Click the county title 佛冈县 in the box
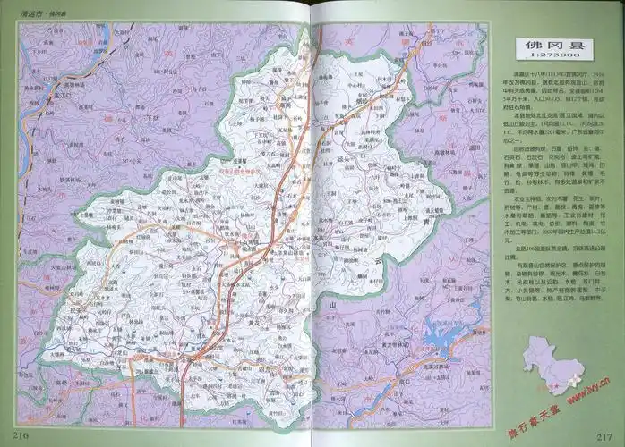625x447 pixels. tap(549, 46)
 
